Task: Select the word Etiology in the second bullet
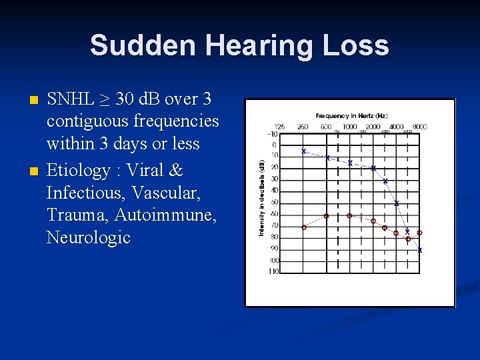[78, 171]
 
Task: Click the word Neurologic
[88, 238]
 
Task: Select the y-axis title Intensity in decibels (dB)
[261, 197]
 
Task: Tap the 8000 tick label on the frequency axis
[419, 127]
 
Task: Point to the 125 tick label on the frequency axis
[279, 127]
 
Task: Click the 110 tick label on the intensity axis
[274, 271]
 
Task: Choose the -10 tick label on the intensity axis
[273, 133]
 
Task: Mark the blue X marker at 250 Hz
[304, 151]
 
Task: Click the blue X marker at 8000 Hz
[419, 251]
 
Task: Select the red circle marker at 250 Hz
[304, 227]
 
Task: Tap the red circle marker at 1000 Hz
[349, 216]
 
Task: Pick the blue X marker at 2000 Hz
[373, 168]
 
